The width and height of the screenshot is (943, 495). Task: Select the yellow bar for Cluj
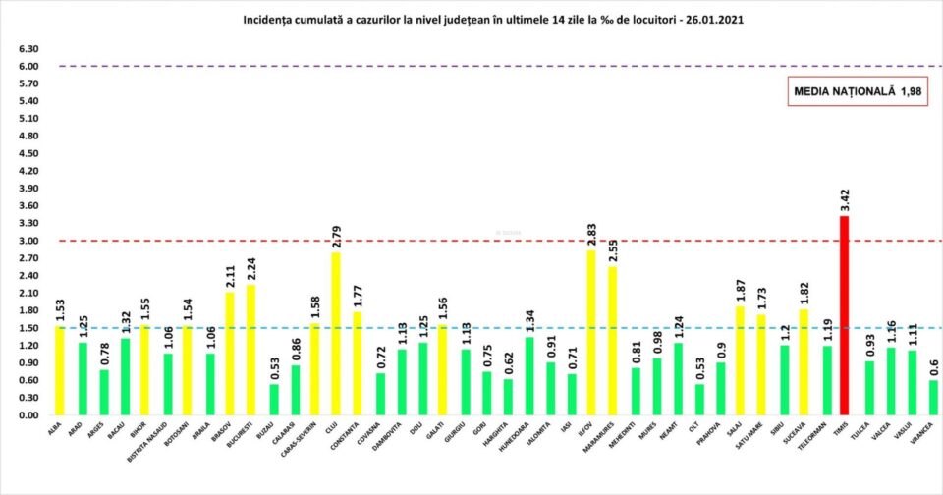click(x=337, y=334)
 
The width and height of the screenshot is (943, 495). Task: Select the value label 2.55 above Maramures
click(x=613, y=248)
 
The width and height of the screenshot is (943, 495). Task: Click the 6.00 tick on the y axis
click(x=27, y=67)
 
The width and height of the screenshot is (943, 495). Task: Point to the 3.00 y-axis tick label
click(x=27, y=241)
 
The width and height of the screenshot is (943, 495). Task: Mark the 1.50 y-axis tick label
click(x=27, y=328)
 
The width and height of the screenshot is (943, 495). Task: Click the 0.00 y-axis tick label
click(x=27, y=415)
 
